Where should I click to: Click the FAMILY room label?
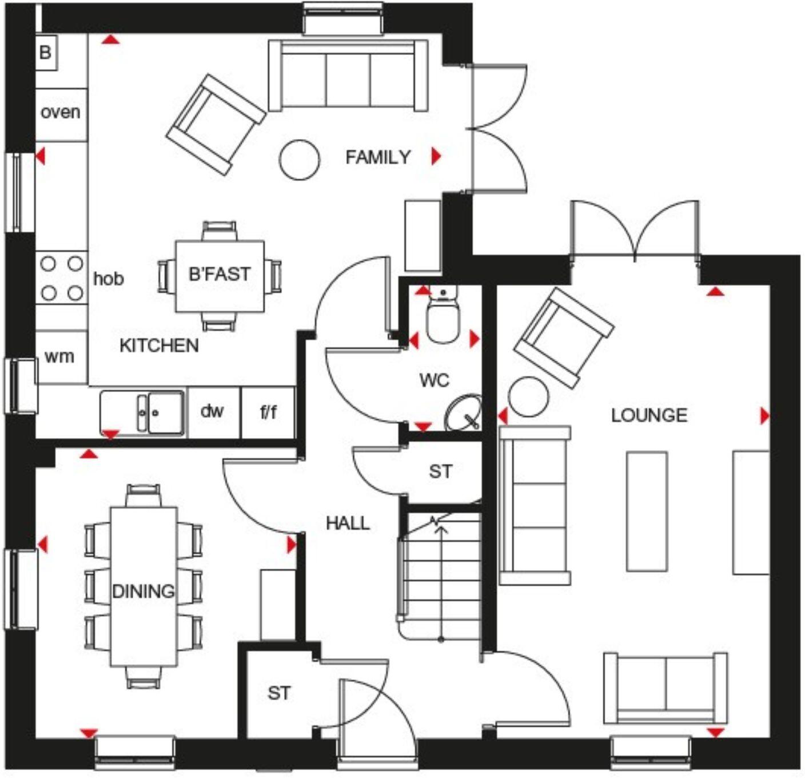click(x=378, y=157)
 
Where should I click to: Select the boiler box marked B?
click(x=46, y=53)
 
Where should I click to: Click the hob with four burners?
click(x=62, y=278)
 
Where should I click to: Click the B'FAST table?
click(x=220, y=275)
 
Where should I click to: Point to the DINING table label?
click(x=143, y=591)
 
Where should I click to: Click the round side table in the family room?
click(x=299, y=160)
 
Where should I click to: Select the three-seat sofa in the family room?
click(x=348, y=76)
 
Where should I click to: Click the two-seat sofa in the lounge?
click(x=665, y=688)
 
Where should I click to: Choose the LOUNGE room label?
click(x=649, y=415)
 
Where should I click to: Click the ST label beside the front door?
click(x=278, y=693)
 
